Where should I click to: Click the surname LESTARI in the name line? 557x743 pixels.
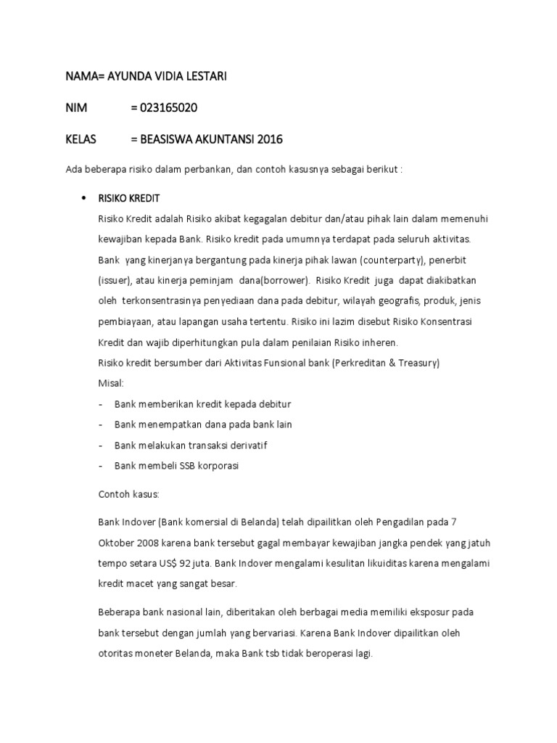coord(202,76)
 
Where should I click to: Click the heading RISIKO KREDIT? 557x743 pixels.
coord(129,198)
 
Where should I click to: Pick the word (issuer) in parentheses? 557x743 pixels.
coord(116,279)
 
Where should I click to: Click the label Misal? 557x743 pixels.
coord(111,382)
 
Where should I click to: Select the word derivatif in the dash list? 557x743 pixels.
coord(249,445)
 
